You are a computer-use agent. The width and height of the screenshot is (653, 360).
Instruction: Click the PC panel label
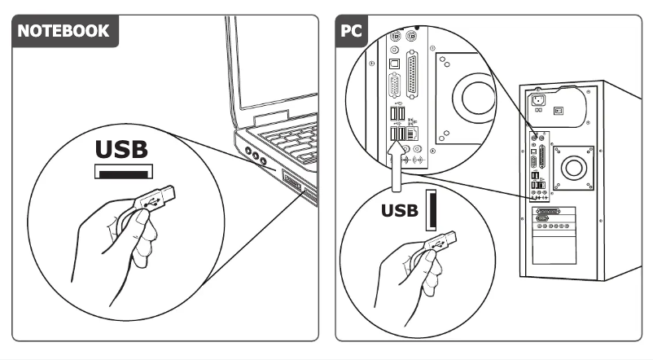[x=352, y=31]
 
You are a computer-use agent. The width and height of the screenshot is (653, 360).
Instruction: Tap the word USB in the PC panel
[x=400, y=211]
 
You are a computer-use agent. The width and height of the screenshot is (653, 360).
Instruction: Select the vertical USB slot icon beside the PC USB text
[x=432, y=212]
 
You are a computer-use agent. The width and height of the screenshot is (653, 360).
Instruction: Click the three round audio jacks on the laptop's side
[x=255, y=156]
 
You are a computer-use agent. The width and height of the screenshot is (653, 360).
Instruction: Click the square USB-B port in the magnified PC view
[x=393, y=62]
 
